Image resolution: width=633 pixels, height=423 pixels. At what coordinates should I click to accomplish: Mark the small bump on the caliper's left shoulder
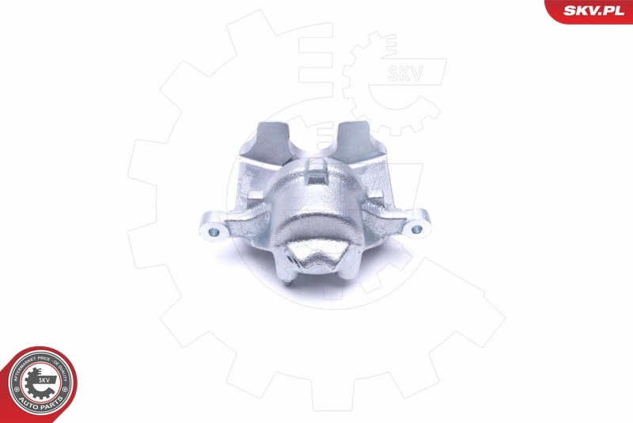pyautogui.click(x=255, y=196)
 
